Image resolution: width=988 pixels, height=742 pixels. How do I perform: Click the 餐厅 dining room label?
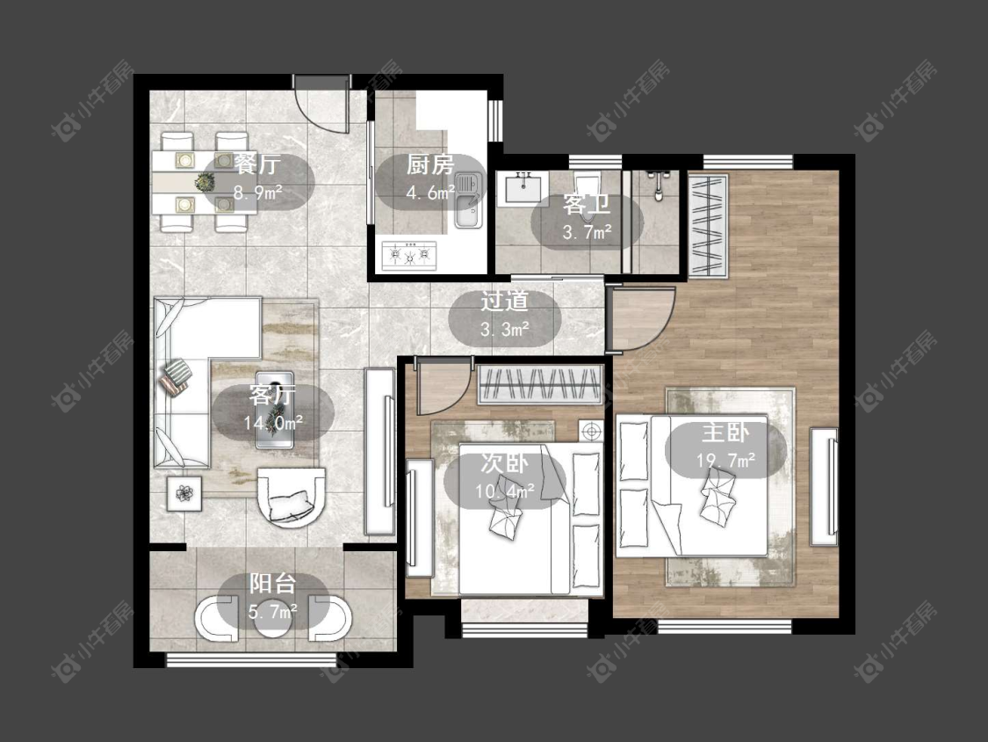[x=257, y=164]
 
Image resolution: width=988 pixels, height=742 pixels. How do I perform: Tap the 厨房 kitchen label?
[x=429, y=165]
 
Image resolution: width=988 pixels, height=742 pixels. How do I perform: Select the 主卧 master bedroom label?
[x=726, y=433]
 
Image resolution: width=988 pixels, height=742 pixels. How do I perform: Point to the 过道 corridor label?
[x=504, y=301]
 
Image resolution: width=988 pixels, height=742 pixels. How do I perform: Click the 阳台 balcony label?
[x=272, y=583]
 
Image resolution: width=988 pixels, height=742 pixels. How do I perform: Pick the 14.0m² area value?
[x=273, y=421]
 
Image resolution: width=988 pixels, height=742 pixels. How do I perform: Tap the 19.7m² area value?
[x=726, y=461]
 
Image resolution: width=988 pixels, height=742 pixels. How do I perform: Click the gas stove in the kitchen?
[x=409, y=255]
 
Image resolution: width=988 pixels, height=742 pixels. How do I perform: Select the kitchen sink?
[x=469, y=200]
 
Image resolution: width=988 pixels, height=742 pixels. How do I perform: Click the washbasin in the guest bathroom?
[x=523, y=188]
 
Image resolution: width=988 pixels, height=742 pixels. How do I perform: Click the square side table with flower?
[x=184, y=493]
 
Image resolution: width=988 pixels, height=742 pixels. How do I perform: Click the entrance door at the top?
[x=321, y=104]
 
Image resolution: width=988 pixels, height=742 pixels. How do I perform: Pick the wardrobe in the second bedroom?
[x=539, y=384]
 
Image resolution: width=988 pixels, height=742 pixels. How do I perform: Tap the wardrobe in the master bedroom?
[x=708, y=226]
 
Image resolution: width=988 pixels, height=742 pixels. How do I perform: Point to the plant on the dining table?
[x=204, y=182]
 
